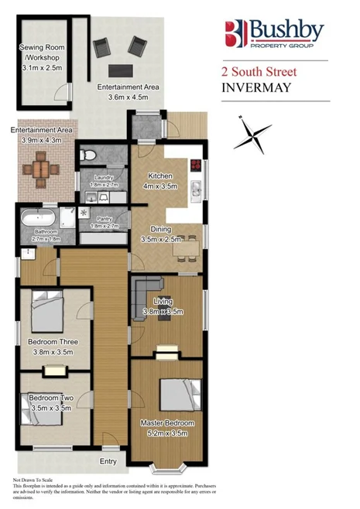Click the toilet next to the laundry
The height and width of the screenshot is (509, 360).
point(90,157)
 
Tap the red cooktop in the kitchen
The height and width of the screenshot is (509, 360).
point(195,165)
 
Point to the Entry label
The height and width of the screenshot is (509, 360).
point(108,462)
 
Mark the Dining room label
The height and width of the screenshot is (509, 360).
point(160,230)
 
